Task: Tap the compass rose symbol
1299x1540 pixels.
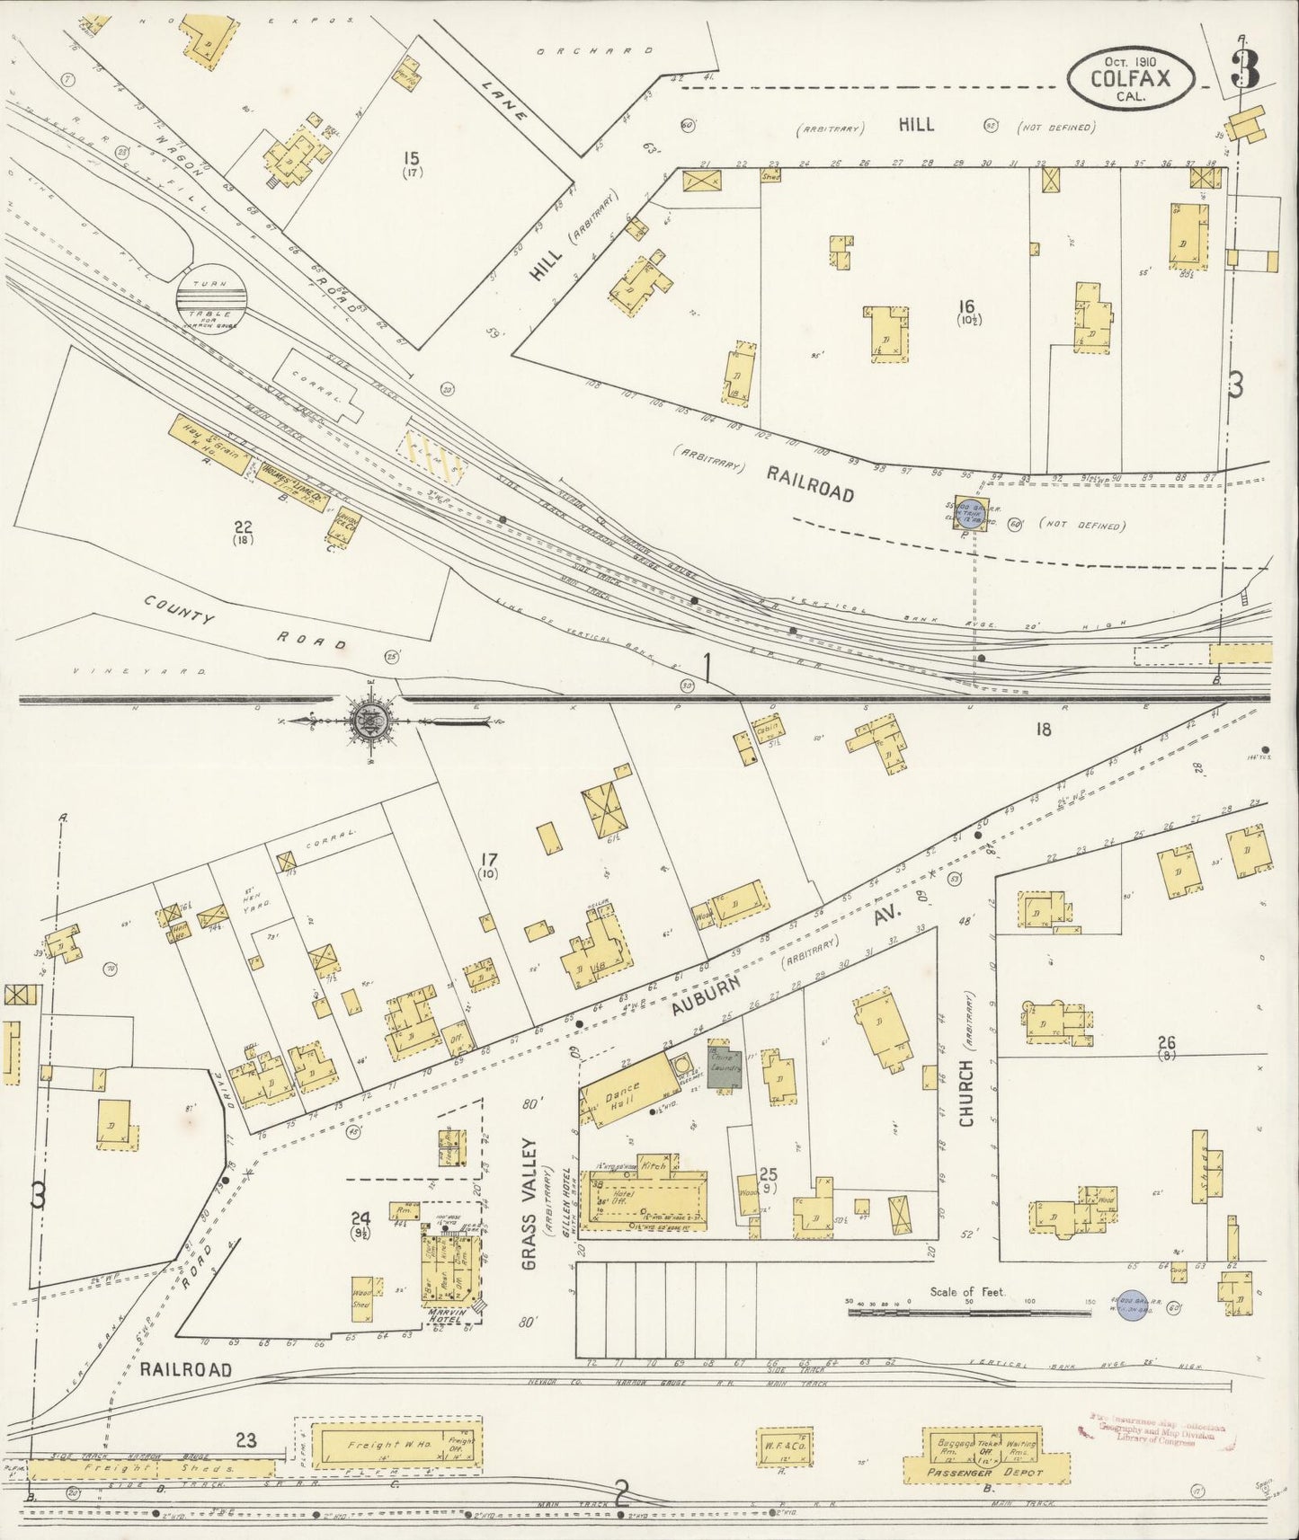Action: [369, 720]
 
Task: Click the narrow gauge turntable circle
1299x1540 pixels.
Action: [209, 293]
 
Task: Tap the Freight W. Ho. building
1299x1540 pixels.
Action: [393, 1445]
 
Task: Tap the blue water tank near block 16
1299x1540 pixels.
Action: [969, 513]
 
